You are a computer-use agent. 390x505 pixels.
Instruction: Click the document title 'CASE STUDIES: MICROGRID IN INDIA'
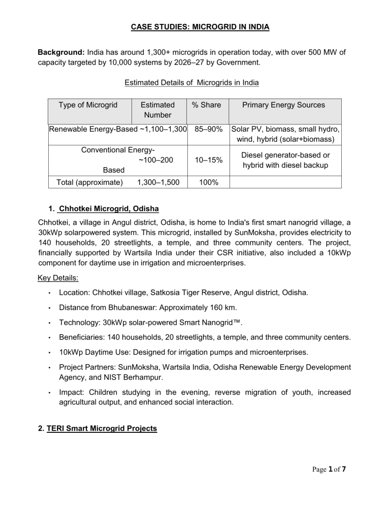[194, 27]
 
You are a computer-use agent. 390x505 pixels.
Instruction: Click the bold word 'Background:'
[61, 52]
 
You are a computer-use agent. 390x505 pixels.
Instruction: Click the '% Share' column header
[206, 105]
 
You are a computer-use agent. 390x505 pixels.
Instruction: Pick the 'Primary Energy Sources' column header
[285, 105]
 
